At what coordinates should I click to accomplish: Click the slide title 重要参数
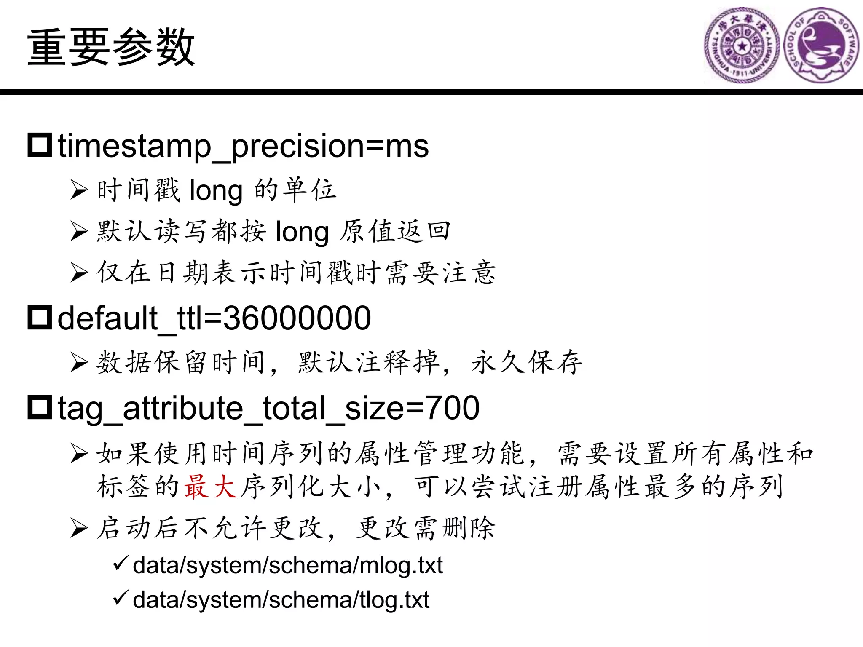tap(111, 47)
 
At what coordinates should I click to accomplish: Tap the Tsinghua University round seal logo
tap(742, 45)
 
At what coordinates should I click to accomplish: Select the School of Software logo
tap(821, 45)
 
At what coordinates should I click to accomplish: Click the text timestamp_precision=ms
tap(243, 146)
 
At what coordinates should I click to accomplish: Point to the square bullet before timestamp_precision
tap(40, 145)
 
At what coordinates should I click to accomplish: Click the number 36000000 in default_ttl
tap(297, 318)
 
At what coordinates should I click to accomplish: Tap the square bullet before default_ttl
tap(40, 318)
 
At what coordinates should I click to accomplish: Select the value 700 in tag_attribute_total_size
tap(453, 408)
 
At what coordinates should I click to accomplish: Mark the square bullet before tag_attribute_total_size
tap(40, 407)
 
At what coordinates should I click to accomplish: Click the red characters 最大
tap(210, 487)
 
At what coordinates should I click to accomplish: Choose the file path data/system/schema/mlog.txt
tap(287, 565)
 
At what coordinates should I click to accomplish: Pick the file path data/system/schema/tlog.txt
tap(281, 600)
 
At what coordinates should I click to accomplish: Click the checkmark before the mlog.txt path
tap(121, 563)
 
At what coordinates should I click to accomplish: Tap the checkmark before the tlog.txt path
tap(121, 598)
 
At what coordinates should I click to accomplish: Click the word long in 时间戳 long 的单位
tap(216, 190)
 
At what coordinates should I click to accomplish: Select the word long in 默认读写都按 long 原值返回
tap(302, 232)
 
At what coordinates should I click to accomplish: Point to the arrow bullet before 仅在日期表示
tap(79, 273)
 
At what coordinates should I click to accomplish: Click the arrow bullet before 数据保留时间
tap(79, 362)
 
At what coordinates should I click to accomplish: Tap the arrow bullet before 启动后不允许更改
tap(79, 528)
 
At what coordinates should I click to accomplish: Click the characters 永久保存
tap(527, 362)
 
